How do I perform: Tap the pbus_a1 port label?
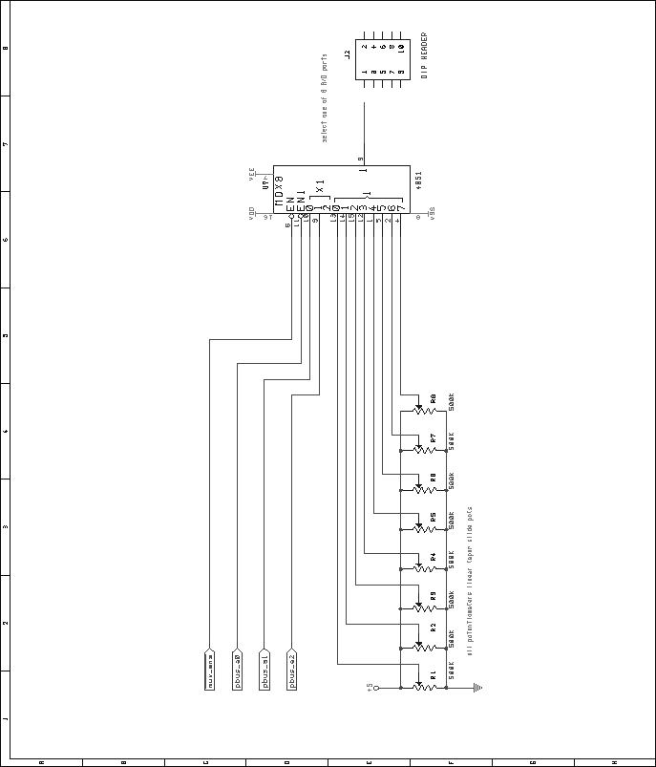265,671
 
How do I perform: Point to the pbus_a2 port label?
292,671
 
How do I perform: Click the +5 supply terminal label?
370,687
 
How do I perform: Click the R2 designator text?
434,628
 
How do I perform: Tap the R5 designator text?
434,517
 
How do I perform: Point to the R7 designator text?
434,437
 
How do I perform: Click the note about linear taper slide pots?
470,580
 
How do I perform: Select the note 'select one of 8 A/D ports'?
325,98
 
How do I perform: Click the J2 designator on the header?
349,54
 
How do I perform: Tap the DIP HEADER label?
425,56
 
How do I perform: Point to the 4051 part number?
418,181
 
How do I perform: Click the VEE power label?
253,177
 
